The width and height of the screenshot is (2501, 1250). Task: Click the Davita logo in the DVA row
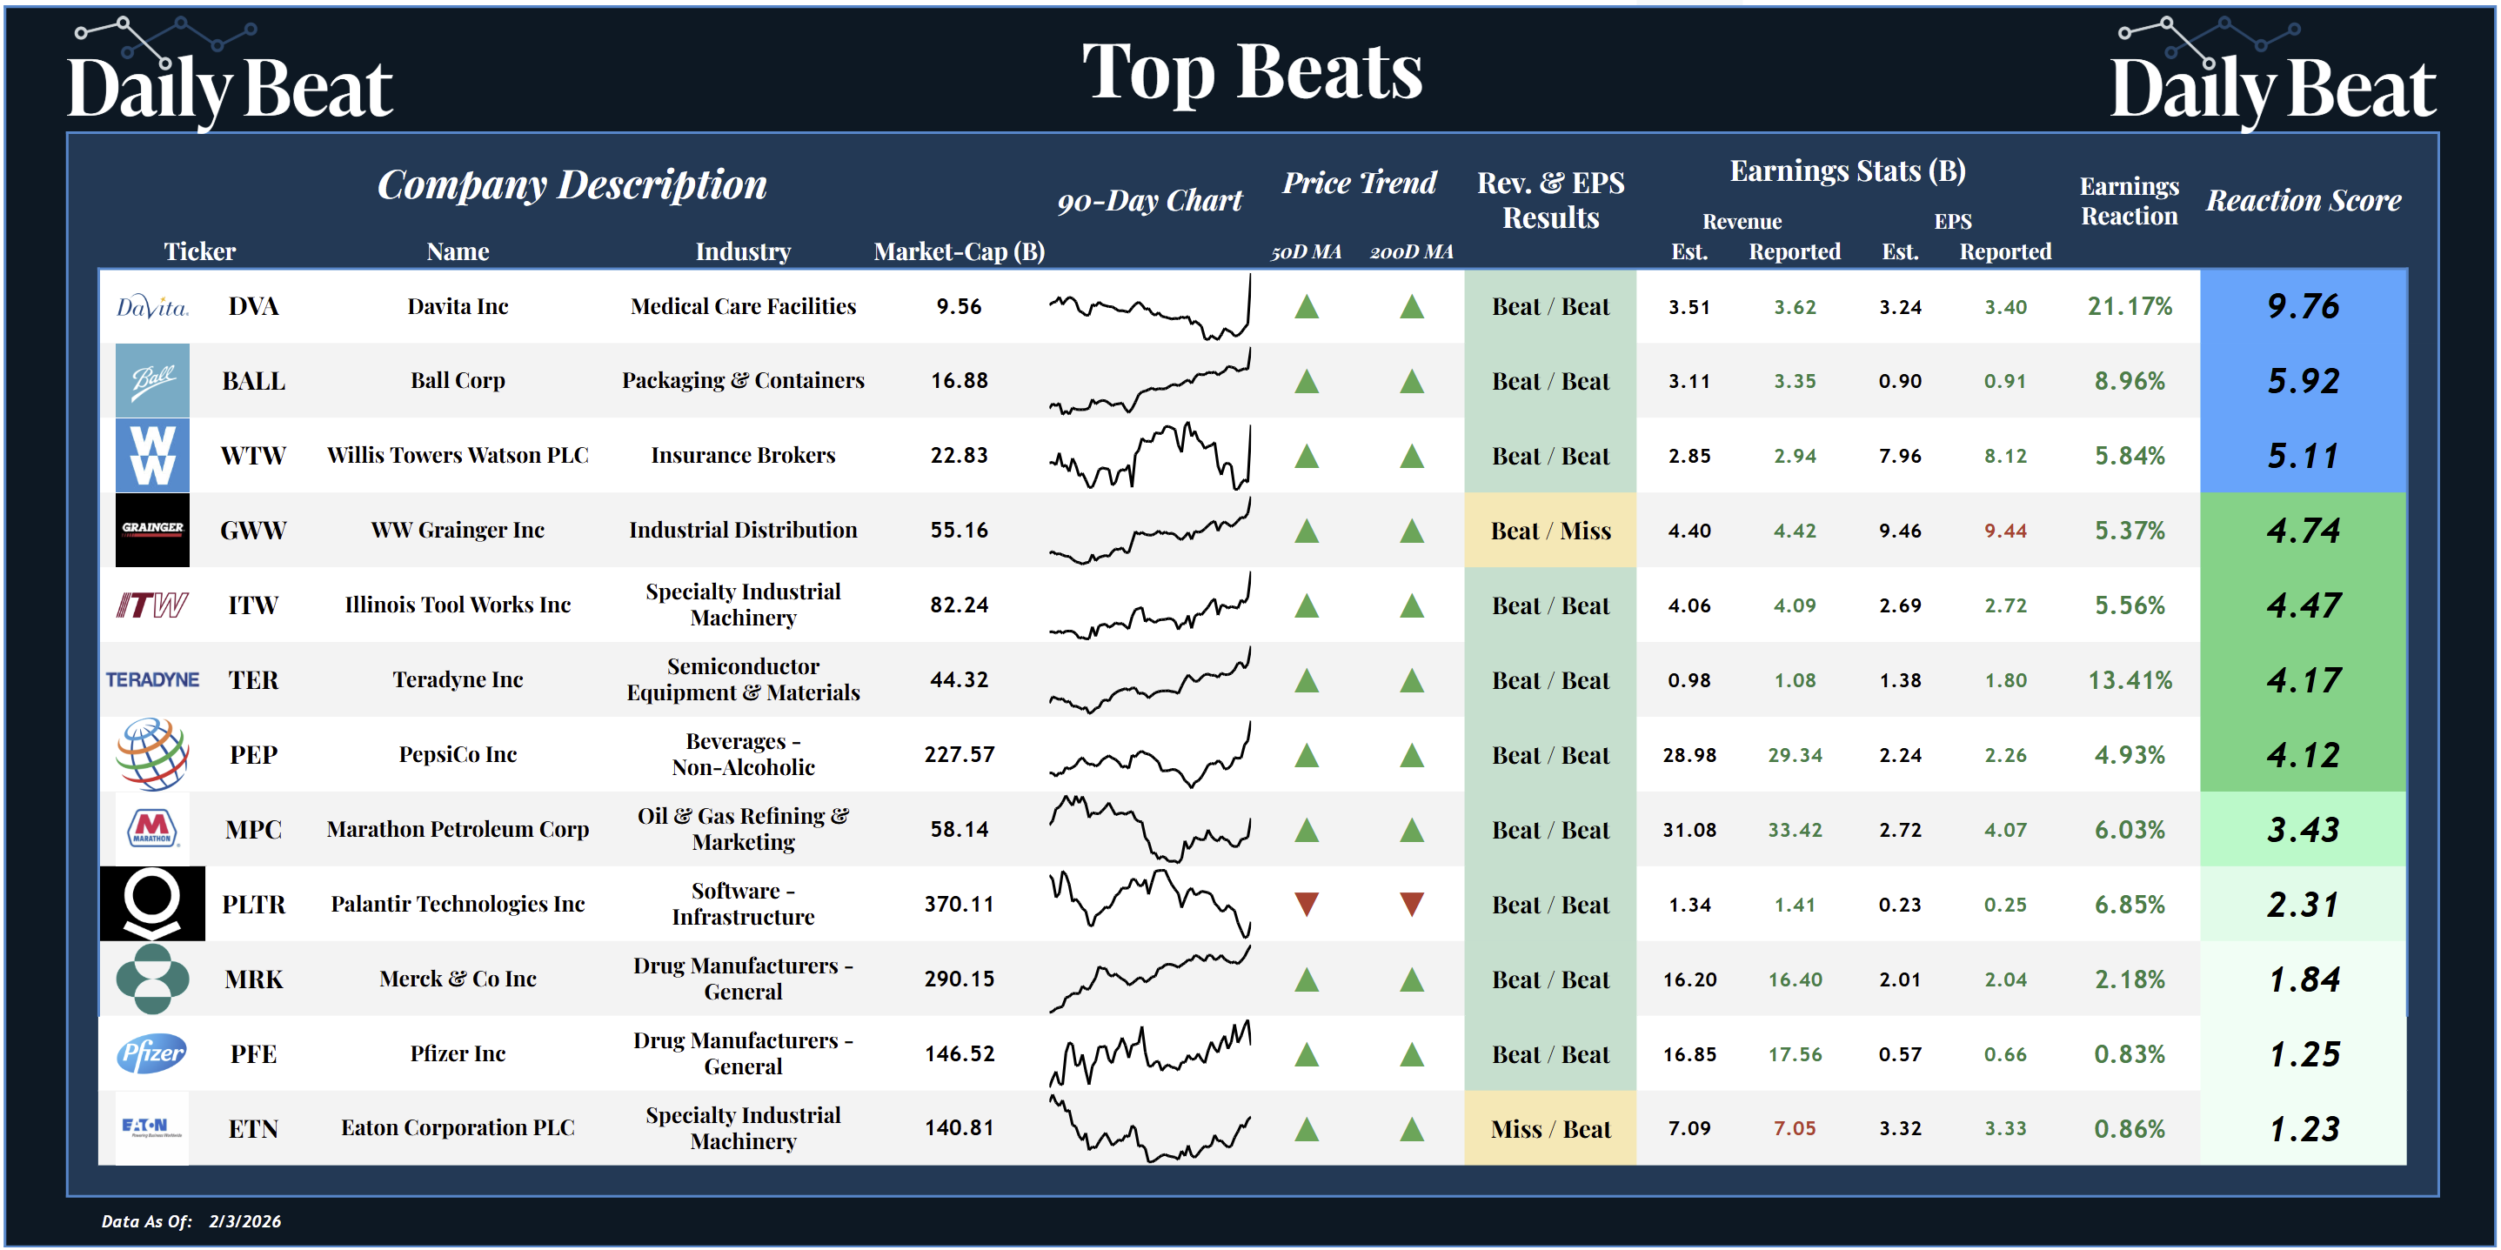coord(152,307)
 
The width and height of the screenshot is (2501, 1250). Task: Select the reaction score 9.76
coord(2303,307)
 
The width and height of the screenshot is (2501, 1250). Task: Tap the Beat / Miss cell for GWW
coord(1550,531)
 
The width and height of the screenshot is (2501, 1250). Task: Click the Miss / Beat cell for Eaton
coord(1550,1129)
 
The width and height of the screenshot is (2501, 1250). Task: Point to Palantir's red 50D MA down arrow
coord(1307,905)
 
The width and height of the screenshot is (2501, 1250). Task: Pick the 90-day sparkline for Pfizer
coord(1149,1053)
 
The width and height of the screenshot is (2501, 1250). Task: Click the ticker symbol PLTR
coord(253,905)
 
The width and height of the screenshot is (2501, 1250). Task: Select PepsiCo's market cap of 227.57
coord(960,755)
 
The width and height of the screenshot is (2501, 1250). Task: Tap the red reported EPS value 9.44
coord(2005,531)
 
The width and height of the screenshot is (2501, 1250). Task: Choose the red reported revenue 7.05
coord(1794,1129)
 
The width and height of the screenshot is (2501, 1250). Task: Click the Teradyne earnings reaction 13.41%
coord(2130,680)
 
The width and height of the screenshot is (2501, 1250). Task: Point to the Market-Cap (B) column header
coord(960,251)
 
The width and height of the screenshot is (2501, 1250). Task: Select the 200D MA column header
coord(1412,251)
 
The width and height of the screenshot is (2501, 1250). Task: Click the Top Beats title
coord(1252,72)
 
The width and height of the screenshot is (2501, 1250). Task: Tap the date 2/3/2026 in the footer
coord(244,1221)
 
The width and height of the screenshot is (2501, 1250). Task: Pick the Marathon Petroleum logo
coord(152,829)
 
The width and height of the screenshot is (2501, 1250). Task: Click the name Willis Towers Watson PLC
coord(458,455)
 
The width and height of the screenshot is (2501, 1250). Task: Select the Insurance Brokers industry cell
coord(743,455)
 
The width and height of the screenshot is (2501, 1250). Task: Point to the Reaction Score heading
coord(2303,200)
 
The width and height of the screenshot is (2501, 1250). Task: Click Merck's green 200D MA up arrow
coord(1412,979)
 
